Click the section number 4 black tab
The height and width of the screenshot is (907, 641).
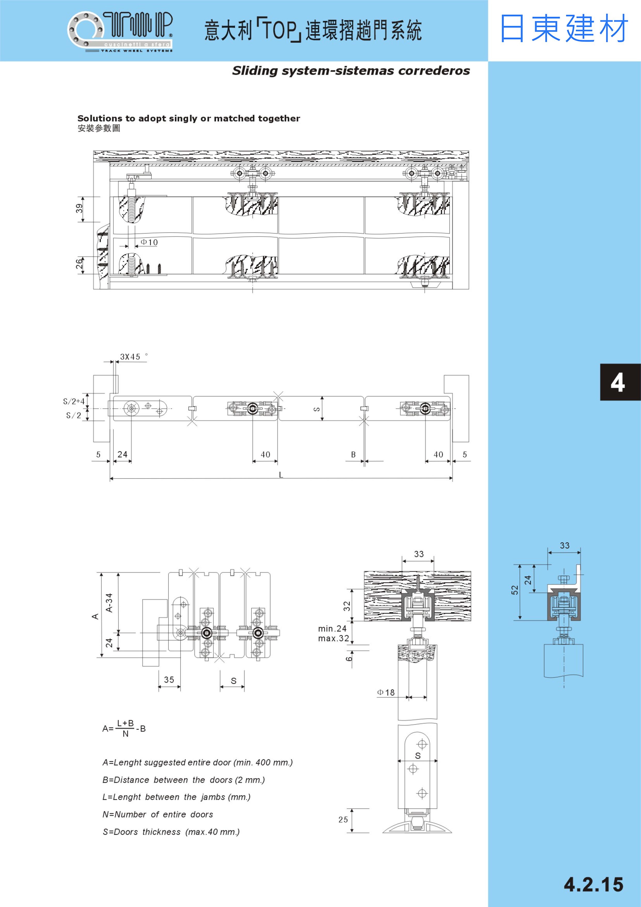[x=620, y=382]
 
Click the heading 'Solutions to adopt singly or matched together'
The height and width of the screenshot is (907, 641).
[x=189, y=118]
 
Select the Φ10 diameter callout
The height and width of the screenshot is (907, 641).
[x=149, y=242]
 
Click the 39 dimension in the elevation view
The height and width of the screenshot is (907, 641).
[x=79, y=209]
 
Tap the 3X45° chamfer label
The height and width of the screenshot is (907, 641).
[x=134, y=356]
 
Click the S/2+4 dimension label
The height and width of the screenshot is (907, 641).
[x=74, y=401]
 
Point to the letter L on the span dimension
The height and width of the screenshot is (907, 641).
[x=281, y=475]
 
